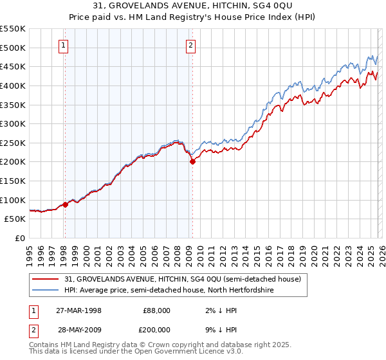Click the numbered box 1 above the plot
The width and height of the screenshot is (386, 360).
pos(64,45)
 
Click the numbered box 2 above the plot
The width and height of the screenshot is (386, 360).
pos(192,45)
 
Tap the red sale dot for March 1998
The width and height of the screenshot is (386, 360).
pos(65,204)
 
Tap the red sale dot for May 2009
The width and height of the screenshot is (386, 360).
pos(192,162)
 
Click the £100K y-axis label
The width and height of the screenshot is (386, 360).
pos(13,200)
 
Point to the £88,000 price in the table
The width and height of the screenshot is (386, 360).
pos(156,310)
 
